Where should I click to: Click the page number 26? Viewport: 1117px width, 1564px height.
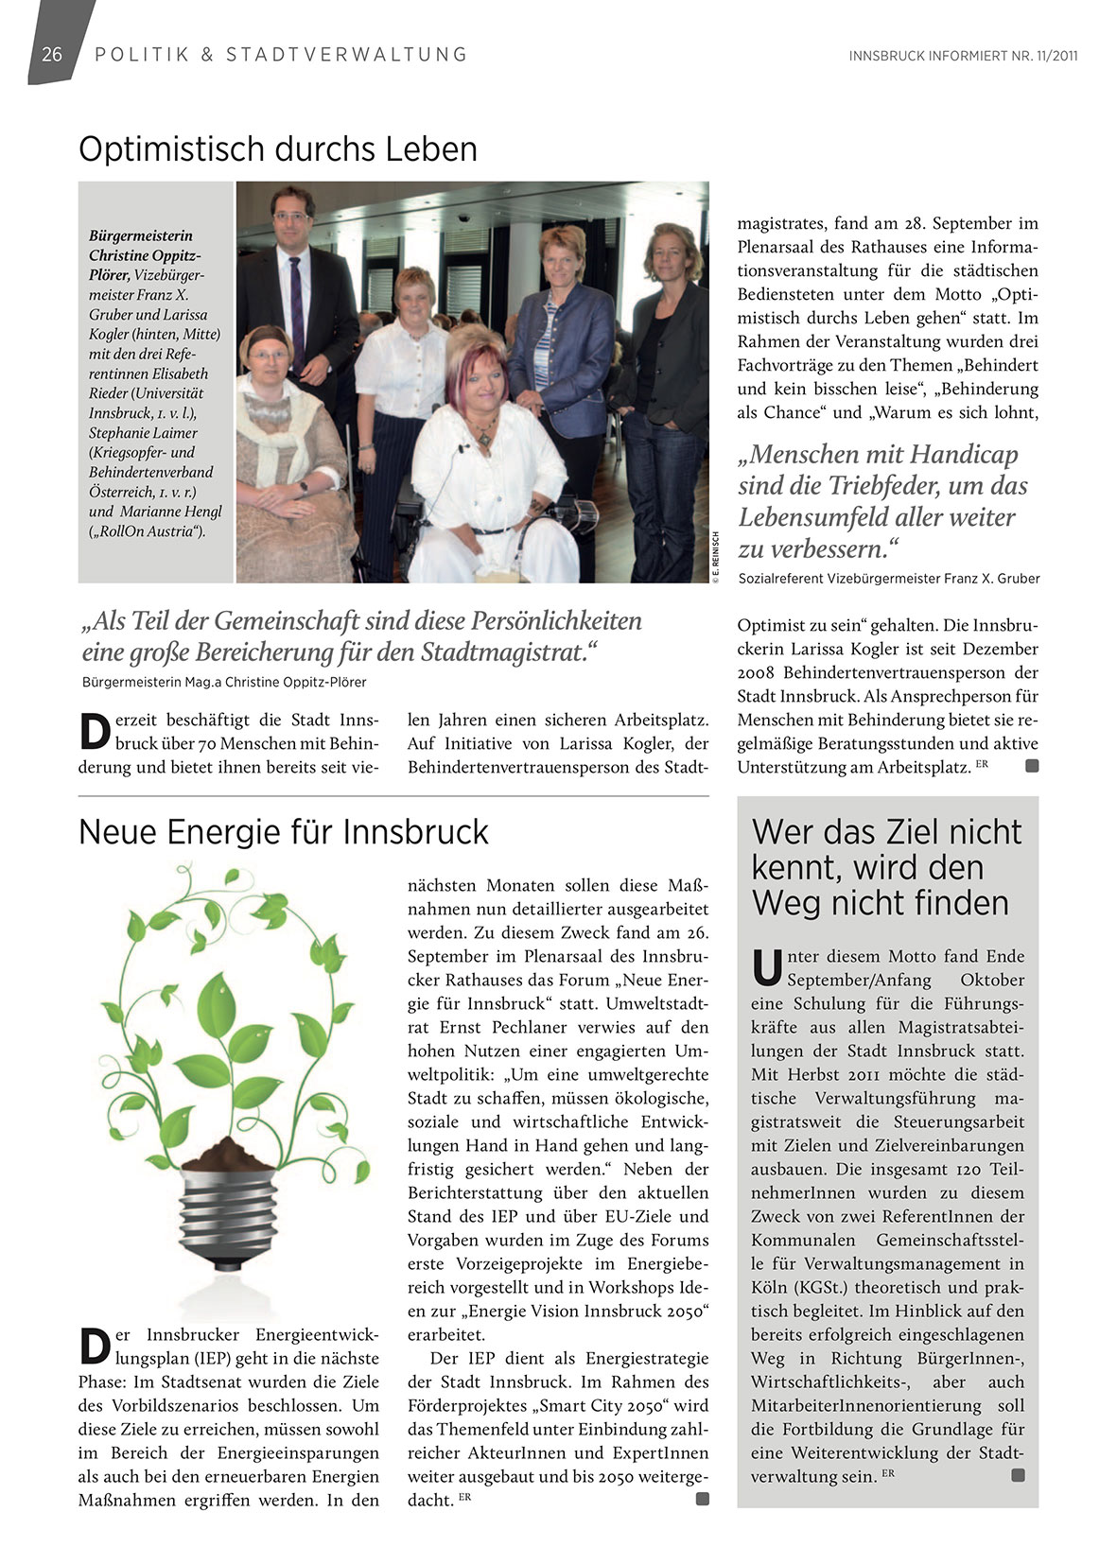pyautogui.click(x=52, y=54)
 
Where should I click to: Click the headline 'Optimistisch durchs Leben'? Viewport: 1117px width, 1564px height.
pyautogui.click(x=277, y=149)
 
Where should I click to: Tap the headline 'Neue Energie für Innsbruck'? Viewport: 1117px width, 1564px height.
pyautogui.click(x=283, y=832)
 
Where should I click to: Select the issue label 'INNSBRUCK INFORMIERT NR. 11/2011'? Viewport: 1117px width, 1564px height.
pyautogui.click(x=963, y=56)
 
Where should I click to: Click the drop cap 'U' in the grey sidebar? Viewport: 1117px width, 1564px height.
pyautogui.click(x=767, y=966)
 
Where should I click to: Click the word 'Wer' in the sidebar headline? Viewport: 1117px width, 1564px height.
pyautogui.click(x=784, y=832)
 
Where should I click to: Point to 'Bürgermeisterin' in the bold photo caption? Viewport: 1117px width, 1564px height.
pyautogui.click(x=140, y=235)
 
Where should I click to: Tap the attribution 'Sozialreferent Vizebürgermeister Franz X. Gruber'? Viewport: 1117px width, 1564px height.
pyautogui.click(x=888, y=579)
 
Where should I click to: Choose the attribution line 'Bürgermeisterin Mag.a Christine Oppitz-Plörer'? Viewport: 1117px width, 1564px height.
pyautogui.click(x=223, y=682)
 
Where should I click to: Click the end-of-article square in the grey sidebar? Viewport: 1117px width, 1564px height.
pyautogui.click(x=1018, y=1475)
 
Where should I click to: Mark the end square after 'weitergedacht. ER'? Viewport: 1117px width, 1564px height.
pyautogui.click(x=702, y=1499)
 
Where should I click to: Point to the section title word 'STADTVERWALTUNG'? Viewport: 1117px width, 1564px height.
pyautogui.click(x=346, y=55)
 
